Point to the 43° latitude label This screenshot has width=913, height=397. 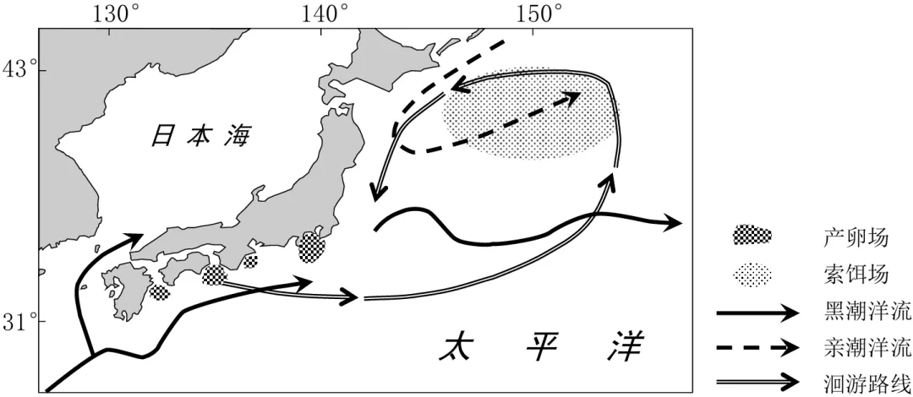pos(21,69)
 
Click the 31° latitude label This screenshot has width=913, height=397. pos(21,322)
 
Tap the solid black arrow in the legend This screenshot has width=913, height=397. pos(757,313)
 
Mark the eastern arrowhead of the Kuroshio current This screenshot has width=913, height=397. pos(673,223)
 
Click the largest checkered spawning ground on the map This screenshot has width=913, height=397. pos(311,246)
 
